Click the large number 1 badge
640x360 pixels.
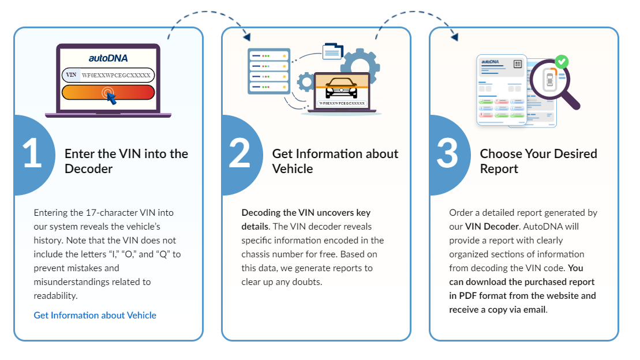coord(33,155)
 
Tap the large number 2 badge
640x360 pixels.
coord(241,155)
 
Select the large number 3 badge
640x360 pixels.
coord(448,155)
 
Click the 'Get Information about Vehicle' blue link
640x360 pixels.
coord(95,315)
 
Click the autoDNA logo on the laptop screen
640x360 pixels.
coord(108,58)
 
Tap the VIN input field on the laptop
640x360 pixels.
coord(108,75)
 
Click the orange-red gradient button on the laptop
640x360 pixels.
coord(108,92)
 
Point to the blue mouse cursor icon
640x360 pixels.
coord(111,98)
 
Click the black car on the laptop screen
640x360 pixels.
coord(341,88)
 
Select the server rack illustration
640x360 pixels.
coord(269,71)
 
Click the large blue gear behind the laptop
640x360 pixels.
coord(360,64)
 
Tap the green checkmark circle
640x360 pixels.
coord(562,62)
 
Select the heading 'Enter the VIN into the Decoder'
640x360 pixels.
coord(126,161)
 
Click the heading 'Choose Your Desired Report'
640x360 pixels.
coord(538,161)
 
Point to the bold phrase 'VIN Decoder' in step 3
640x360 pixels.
coord(492,227)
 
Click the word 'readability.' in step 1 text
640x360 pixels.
coord(55,296)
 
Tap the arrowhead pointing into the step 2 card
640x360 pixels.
coord(246,37)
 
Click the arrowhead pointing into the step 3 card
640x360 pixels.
coord(455,37)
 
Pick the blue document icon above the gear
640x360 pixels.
coord(332,51)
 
